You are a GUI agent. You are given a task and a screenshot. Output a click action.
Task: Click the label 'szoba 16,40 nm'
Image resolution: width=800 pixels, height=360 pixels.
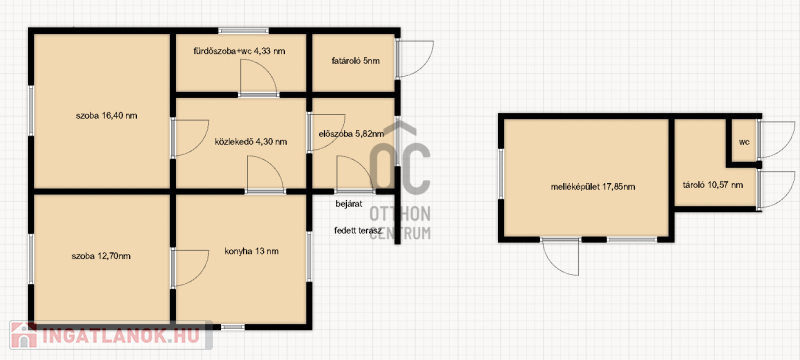(x=107, y=116)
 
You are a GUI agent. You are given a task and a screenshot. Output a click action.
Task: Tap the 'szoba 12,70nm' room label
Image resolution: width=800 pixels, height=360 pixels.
(x=101, y=256)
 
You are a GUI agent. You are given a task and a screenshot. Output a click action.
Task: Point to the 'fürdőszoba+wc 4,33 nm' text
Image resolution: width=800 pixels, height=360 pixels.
(x=239, y=51)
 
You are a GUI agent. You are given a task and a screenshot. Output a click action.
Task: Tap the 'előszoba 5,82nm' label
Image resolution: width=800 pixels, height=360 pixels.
(x=351, y=134)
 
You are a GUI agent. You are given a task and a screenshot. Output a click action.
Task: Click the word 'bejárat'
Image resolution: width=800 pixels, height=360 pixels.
(x=349, y=204)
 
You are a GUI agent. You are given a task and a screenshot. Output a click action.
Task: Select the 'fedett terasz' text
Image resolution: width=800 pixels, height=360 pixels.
(x=359, y=230)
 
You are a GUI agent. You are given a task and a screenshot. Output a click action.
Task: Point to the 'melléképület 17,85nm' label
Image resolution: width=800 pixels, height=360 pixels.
(x=593, y=187)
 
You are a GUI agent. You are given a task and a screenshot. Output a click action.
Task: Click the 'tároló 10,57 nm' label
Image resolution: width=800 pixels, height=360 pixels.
(x=713, y=185)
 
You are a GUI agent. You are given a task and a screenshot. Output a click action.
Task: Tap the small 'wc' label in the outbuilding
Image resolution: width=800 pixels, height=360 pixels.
(x=744, y=142)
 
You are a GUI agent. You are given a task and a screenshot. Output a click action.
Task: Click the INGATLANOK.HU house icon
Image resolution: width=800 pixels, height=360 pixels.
(x=23, y=335)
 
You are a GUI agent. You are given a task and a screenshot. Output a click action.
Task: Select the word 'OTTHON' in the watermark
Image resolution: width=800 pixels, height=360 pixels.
(x=400, y=214)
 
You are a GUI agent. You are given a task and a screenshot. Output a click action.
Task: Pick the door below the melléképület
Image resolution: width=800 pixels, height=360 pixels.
(x=561, y=257)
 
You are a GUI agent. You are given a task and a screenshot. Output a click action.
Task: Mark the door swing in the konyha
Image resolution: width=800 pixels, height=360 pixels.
(x=191, y=268)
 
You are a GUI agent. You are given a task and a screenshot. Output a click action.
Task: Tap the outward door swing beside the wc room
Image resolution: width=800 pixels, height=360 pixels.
(x=777, y=139)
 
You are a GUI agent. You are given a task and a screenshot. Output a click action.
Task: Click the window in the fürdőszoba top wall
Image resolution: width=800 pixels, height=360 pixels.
(x=244, y=31)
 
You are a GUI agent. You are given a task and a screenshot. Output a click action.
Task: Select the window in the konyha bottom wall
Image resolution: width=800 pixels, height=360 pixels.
(x=233, y=326)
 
